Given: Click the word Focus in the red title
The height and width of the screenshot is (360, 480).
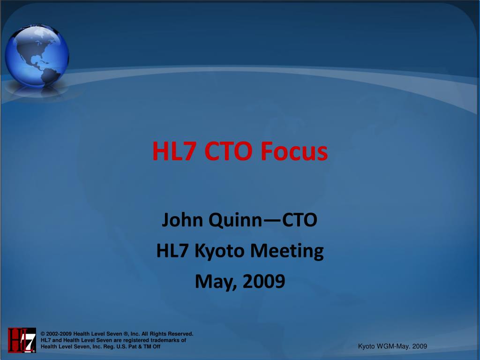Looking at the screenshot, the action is click(294, 151).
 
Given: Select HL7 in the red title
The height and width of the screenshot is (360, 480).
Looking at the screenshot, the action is click(174, 151).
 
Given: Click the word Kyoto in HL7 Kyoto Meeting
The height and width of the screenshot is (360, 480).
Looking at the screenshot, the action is click(219, 251).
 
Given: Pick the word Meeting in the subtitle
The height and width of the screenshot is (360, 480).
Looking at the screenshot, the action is click(287, 251).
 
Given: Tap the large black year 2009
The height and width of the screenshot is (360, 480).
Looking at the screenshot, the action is click(264, 282).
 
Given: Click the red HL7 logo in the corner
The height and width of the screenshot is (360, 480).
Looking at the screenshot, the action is click(22, 340).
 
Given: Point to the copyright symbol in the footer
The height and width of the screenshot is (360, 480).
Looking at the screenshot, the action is click(43, 334).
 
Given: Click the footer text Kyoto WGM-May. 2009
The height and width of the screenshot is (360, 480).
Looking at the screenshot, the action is click(392, 346).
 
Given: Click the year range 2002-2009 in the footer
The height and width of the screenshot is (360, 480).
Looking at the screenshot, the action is click(59, 334).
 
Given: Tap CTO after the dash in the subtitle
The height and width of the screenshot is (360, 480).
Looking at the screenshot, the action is click(300, 220).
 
